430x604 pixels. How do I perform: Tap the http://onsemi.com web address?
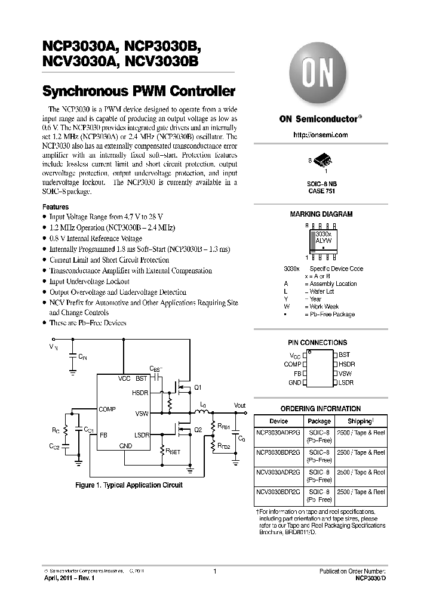point(321,135)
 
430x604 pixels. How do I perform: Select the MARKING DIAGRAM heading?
point(321,214)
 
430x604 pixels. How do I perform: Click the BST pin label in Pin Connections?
point(345,355)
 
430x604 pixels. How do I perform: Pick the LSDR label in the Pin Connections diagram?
point(346,382)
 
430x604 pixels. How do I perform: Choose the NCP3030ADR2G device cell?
point(278,434)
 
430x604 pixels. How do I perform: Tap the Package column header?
point(318,421)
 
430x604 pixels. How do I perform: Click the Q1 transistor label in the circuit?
point(198,387)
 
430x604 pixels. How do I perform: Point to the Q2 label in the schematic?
point(198,429)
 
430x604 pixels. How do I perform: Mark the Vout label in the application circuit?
point(239,406)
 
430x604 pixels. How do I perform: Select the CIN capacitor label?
point(82,356)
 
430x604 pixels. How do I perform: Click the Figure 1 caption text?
point(128,485)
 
